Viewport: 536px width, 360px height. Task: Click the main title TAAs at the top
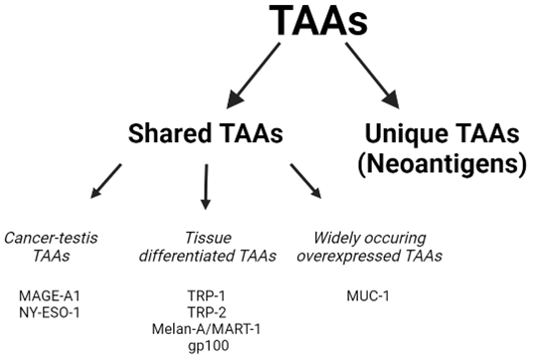[x=318, y=21]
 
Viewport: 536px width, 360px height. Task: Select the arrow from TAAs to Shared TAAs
[x=254, y=76]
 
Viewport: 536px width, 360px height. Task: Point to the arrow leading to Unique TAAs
[x=372, y=76]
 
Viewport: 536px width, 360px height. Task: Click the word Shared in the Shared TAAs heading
[x=169, y=133]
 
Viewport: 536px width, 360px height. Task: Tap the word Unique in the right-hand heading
[x=404, y=133]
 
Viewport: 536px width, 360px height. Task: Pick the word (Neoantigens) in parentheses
[x=442, y=164]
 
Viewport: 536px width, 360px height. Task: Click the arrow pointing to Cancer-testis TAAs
[x=106, y=181]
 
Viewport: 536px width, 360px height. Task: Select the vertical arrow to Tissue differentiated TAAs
[x=206, y=187]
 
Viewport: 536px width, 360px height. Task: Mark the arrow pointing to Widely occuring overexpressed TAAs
[x=306, y=181]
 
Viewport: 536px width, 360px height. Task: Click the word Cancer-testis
[x=51, y=238]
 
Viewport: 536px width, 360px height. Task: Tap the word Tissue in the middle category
[x=208, y=238]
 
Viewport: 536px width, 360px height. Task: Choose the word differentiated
[x=187, y=256]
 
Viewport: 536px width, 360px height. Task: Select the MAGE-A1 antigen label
[x=50, y=295]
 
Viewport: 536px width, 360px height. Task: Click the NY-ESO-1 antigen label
[x=50, y=312]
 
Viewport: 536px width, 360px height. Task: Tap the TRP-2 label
[x=207, y=312]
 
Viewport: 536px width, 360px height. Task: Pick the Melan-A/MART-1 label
[x=207, y=329]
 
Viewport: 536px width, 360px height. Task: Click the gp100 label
[x=208, y=346]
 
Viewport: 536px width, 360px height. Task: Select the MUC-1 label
[x=368, y=295]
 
